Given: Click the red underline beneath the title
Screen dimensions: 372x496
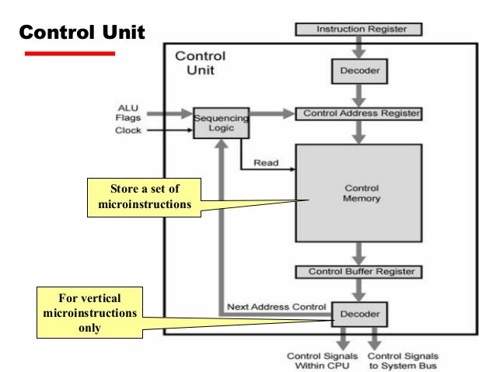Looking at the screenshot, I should (x=68, y=54).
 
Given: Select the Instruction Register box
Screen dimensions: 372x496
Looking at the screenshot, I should (x=358, y=30).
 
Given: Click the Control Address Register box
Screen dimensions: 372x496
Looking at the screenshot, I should (x=358, y=113).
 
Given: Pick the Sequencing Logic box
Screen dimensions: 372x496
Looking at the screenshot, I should (x=221, y=123).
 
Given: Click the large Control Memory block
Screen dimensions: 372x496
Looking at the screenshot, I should (x=358, y=193).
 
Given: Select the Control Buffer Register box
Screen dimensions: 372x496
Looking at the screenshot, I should (x=358, y=272).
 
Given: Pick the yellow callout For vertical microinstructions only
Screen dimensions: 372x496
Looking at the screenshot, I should (x=89, y=312).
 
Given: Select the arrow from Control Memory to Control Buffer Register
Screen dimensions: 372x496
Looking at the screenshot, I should (x=358, y=252).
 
